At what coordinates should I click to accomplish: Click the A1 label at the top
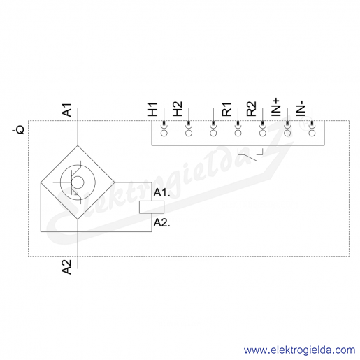[66, 110]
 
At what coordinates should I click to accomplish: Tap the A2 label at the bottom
[66, 267]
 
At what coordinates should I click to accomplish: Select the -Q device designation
[18, 129]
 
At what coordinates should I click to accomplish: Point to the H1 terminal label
[153, 110]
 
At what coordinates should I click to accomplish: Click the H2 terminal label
[178, 109]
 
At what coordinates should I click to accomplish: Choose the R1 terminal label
[226, 110]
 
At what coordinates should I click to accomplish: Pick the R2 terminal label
[252, 109]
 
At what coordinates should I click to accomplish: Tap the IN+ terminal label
[275, 108]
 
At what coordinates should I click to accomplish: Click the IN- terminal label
[301, 109]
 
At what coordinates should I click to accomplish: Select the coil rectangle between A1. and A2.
[152, 207]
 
